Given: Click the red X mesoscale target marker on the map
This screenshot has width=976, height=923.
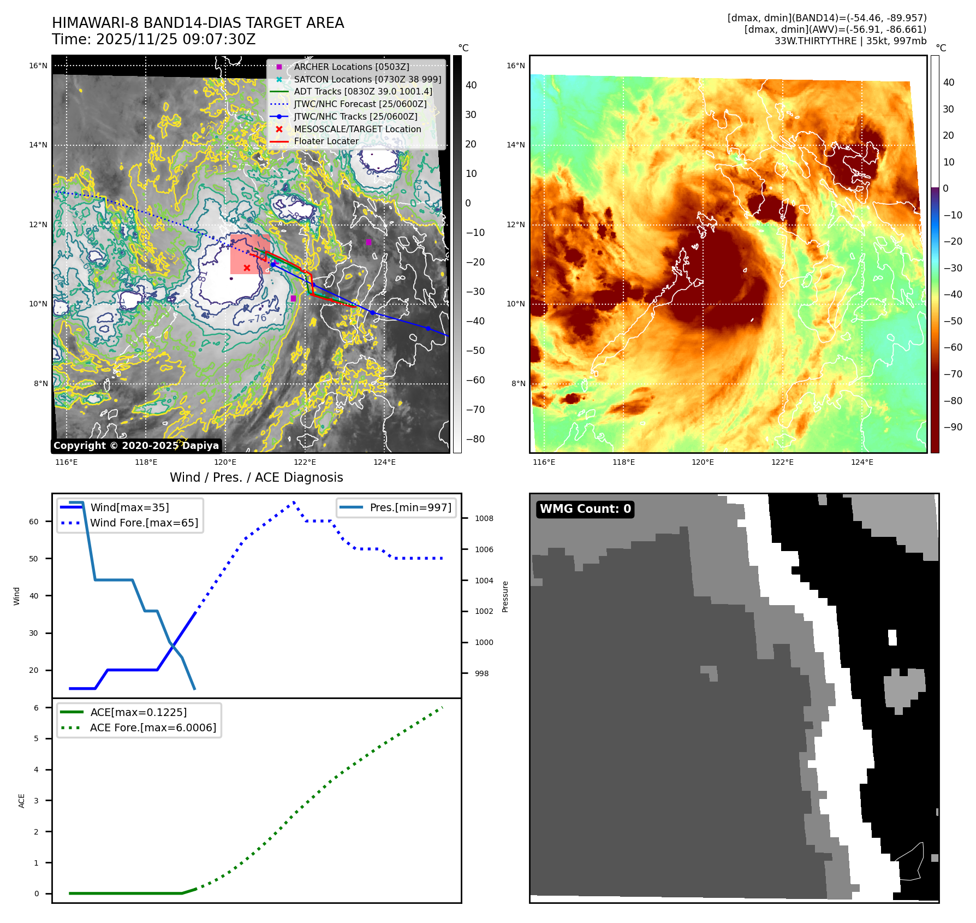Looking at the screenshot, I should [x=247, y=268].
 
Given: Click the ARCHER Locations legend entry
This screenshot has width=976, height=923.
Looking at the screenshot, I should [x=351, y=67].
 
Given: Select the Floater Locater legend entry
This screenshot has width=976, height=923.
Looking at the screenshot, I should [x=326, y=141].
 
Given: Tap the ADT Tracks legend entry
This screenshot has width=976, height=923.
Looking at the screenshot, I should [x=362, y=91].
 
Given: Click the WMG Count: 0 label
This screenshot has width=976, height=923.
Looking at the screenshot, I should [x=585, y=509].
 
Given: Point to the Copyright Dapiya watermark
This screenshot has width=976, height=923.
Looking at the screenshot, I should [x=136, y=446].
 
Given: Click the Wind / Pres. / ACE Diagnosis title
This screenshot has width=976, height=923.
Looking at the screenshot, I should [x=256, y=477].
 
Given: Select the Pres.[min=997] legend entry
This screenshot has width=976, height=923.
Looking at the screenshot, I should [x=410, y=507].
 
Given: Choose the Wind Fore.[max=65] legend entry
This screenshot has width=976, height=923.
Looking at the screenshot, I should [x=144, y=523].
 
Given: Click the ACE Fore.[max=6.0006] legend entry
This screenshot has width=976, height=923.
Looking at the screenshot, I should [x=153, y=727].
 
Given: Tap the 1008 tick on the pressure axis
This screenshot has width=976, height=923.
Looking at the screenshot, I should [x=484, y=518].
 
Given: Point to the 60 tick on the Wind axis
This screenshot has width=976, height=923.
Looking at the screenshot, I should [x=34, y=522].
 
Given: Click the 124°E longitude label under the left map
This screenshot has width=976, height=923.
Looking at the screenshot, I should [x=384, y=462].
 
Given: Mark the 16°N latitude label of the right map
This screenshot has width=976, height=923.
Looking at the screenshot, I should [x=516, y=66].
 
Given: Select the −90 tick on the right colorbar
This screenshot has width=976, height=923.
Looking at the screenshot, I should [x=953, y=427].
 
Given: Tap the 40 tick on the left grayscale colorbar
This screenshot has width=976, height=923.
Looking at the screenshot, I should [x=471, y=85].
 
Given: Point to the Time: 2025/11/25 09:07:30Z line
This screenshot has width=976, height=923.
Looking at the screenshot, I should [x=154, y=39].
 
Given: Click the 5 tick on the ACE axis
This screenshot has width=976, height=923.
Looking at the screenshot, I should [x=37, y=738].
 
